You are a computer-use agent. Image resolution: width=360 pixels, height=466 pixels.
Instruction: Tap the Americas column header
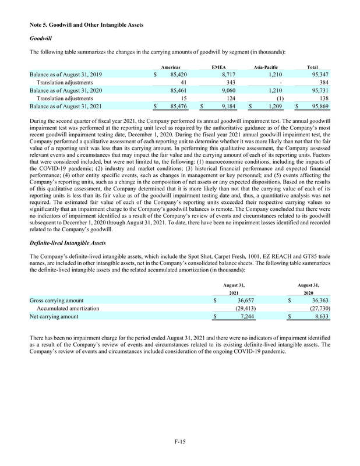pyautogui.click(x=170, y=68)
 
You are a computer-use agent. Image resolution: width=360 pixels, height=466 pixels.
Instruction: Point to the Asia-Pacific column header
pyautogui.click(x=267, y=68)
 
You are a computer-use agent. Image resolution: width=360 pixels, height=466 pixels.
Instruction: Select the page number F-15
pyautogui.click(x=179, y=445)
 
